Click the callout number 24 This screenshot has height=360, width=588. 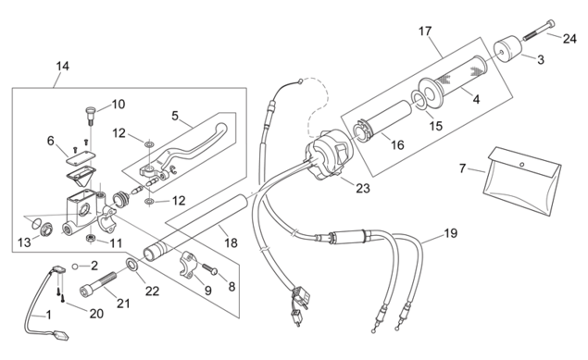(569, 38)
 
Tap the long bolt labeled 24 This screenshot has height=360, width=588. (539, 30)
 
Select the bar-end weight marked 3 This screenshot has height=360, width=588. (507, 49)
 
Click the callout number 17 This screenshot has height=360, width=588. (425, 31)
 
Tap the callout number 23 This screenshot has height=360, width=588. (363, 188)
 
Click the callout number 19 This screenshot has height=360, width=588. (451, 233)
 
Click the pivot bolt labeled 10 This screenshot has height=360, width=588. (91, 116)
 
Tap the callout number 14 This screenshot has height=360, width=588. (63, 67)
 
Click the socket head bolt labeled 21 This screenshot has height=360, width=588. (99, 284)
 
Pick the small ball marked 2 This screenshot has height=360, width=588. (75, 266)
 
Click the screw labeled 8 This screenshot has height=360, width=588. (210, 269)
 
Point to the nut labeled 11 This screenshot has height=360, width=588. (90, 238)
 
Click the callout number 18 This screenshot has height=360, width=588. (231, 243)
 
